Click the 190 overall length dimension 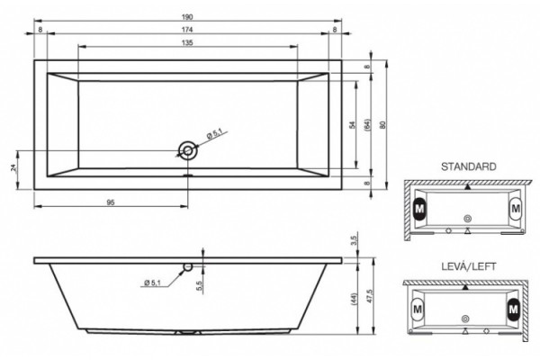[x=187, y=16]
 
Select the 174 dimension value [x=187, y=30]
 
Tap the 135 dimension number [x=187, y=42]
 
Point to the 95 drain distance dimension [x=110, y=202]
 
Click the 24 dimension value [x=13, y=168]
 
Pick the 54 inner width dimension [x=352, y=125]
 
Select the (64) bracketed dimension [x=367, y=125]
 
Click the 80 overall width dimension [x=382, y=125]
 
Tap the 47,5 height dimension [x=370, y=296]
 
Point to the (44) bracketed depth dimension [x=355, y=299]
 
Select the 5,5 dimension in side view [x=200, y=285]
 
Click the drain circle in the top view [x=188, y=150]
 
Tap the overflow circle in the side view [x=188, y=267]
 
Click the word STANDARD [x=469, y=166]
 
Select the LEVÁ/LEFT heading [x=469, y=266]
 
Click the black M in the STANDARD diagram [x=419, y=209]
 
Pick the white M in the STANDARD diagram [x=516, y=209]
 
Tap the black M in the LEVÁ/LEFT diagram [x=513, y=309]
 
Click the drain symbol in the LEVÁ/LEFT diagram [x=465, y=319]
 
